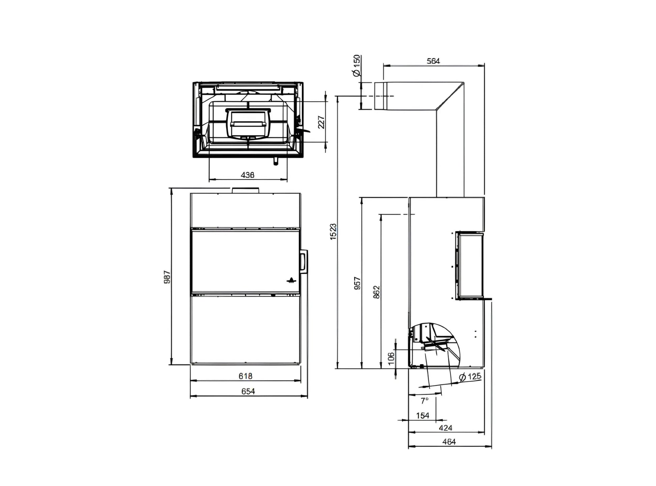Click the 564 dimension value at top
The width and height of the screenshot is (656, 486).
point(433,61)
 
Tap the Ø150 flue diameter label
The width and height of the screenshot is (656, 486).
point(357,66)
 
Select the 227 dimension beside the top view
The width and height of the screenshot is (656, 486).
point(321,122)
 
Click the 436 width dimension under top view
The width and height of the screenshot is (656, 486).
point(247,175)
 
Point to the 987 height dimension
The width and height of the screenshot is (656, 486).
point(167,277)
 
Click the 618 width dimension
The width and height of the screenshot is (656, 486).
point(245,376)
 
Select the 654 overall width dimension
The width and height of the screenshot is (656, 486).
point(248,391)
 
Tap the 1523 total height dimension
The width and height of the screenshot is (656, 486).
point(333,232)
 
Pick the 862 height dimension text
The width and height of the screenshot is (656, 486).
point(377,292)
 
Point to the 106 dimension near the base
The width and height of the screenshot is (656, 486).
point(391,358)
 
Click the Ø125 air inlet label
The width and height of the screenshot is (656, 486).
point(470,377)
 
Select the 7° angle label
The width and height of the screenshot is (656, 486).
point(424,401)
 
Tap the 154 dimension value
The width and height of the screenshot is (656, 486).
point(422,415)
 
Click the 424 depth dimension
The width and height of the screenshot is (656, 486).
point(445,428)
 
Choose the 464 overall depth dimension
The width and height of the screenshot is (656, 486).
point(449,442)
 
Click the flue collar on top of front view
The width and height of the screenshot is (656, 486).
point(245,190)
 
